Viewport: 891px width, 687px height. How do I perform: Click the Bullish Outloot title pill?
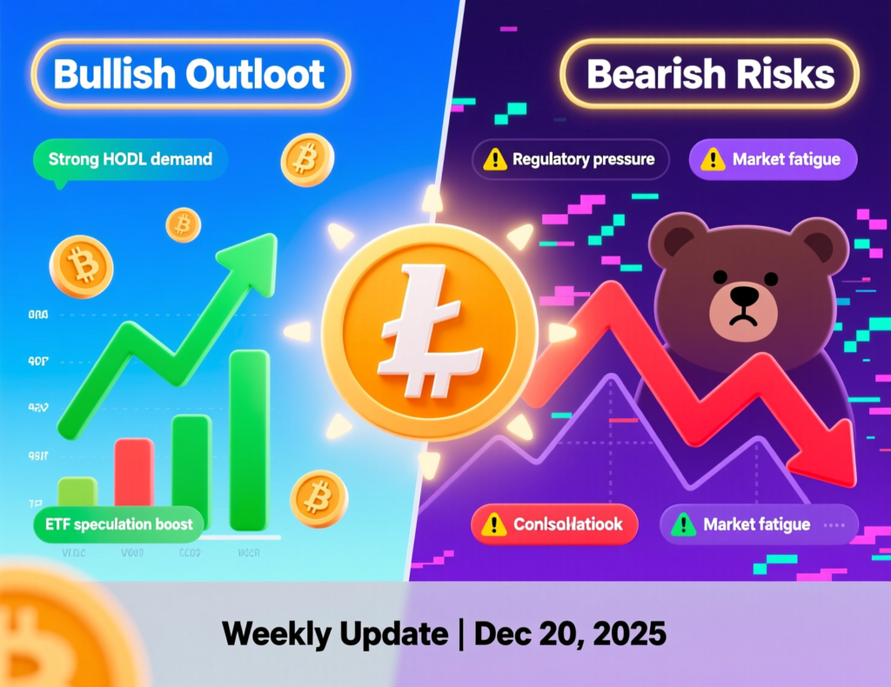pos(190,74)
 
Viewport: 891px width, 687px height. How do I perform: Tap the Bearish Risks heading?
pos(710,75)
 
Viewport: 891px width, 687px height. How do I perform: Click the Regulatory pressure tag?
pos(570,160)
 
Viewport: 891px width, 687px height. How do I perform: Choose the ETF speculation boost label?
pos(119,524)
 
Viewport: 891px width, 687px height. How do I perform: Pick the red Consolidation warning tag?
pos(554,524)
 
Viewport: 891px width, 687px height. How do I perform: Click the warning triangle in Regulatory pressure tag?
pos(495,160)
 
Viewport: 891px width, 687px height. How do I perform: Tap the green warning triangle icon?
pos(684,524)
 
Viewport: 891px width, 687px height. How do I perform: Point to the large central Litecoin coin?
pos(429,332)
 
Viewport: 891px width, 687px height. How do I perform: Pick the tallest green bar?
pos(249,439)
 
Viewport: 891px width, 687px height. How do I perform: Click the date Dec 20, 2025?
pos(570,633)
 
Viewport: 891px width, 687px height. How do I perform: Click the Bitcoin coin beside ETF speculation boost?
pos(319,498)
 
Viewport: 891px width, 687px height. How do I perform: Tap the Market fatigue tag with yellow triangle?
pos(773,160)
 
